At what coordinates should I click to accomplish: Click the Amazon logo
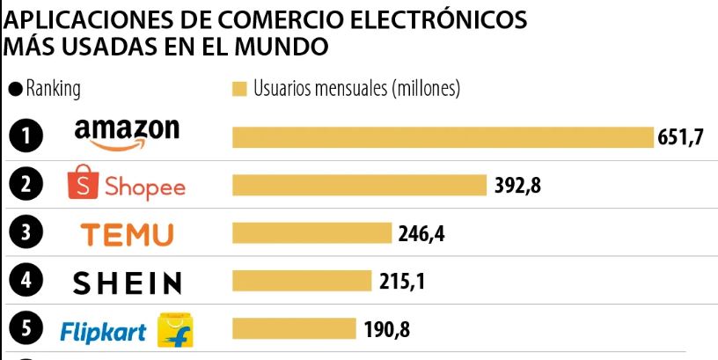click(127, 134)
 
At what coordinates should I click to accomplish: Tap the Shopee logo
click(127, 185)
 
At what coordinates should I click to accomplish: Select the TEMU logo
click(127, 234)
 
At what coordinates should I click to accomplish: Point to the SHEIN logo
click(127, 283)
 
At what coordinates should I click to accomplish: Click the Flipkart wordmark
click(103, 332)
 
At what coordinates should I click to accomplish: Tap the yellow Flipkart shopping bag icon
click(175, 330)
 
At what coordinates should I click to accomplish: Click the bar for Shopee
click(359, 185)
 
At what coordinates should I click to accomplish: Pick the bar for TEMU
click(311, 232)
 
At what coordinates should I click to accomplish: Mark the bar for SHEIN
click(302, 281)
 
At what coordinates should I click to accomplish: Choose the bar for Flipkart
click(294, 329)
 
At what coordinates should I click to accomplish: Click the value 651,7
click(681, 138)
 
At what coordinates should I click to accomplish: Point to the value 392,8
click(517, 186)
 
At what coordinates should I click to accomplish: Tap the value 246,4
click(421, 233)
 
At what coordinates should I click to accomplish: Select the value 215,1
click(402, 282)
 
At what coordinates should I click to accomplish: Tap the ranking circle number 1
click(27, 136)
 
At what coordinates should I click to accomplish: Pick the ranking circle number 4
click(27, 282)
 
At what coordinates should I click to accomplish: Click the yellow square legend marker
click(238, 89)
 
